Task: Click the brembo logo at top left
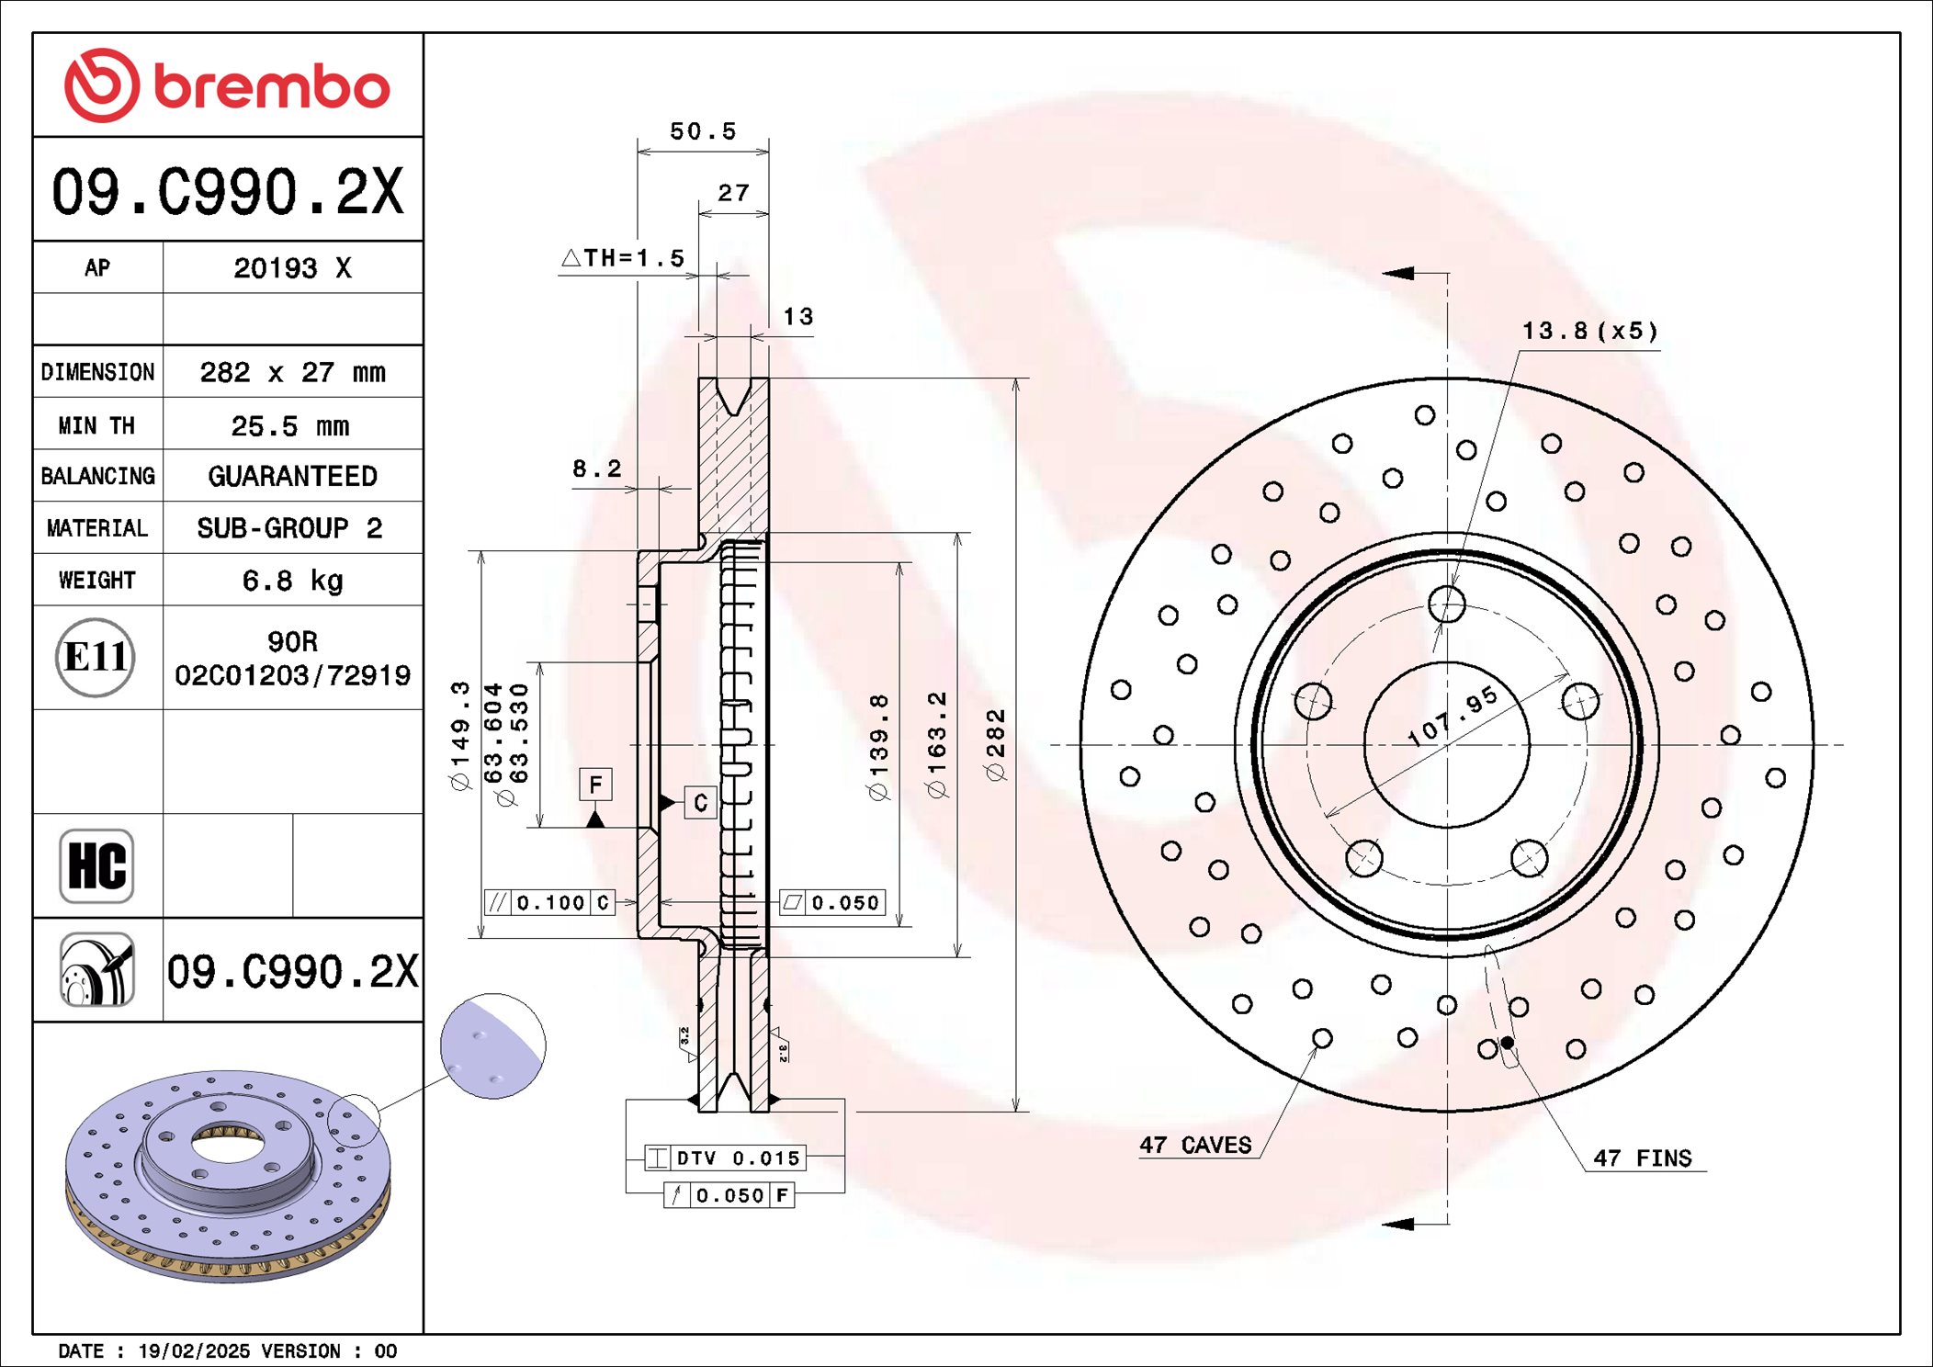click(x=227, y=85)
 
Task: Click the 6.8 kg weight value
click(x=292, y=581)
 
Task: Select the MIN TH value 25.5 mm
click(x=290, y=426)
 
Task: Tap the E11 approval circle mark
click(x=96, y=658)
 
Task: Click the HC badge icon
click(x=96, y=865)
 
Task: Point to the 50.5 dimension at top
click(x=703, y=131)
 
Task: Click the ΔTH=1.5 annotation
click(x=625, y=258)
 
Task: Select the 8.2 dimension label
click(x=597, y=469)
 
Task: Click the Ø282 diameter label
click(x=996, y=744)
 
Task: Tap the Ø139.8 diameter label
click(x=879, y=746)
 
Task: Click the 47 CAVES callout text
click(x=1195, y=1146)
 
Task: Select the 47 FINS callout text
click(x=1643, y=1158)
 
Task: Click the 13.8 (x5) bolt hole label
click(x=1590, y=331)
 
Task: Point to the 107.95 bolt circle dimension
click(x=1453, y=716)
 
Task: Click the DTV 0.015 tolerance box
click(x=726, y=1158)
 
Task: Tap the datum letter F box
click(x=595, y=785)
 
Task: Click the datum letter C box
click(x=700, y=803)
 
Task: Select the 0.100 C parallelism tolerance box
click(x=549, y=903)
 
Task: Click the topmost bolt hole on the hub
click(x=1447, y=604)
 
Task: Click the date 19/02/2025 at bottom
click(x=193, y=1351)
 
